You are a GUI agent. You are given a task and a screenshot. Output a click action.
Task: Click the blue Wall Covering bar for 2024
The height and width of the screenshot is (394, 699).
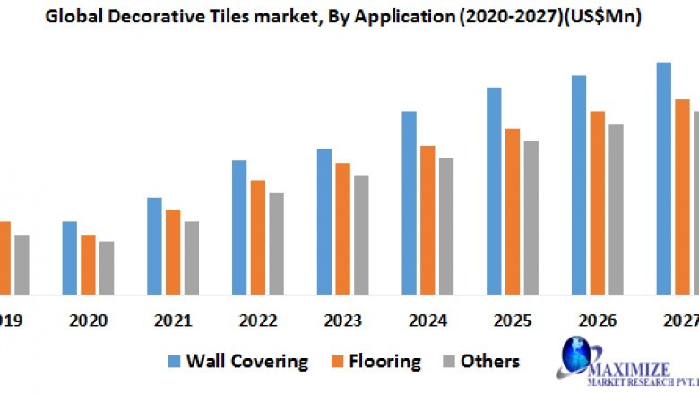tap(410, 202)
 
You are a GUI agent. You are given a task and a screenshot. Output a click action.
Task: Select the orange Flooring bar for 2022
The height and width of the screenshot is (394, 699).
tap(258, 236)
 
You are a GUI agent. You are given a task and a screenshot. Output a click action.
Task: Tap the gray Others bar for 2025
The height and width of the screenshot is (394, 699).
tap(531, 217)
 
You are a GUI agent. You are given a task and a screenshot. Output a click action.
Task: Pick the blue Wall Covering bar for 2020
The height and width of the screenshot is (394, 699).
tap(70, 257)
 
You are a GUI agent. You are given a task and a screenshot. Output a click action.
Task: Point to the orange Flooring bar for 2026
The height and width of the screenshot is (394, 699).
tap(597, 202)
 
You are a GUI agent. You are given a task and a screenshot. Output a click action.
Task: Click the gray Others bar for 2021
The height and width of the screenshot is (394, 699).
tap(192, 257)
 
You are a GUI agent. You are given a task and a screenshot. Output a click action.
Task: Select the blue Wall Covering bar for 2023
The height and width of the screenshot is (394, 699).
tap(324, 221)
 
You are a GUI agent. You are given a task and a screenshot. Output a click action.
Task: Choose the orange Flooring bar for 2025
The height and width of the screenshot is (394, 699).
tap(513, 211)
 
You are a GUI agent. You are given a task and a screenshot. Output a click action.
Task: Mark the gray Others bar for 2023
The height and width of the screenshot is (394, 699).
tap(361, 234)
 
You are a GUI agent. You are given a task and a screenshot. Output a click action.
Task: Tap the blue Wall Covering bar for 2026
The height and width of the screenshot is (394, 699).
tap(579, 184)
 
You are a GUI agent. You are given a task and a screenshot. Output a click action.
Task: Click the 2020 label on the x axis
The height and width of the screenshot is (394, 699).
tap(88, 321)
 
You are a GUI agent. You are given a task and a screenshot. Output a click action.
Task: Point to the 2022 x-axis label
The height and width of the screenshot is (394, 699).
tap(258, 321)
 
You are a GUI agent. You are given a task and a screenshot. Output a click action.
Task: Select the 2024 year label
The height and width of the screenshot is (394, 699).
tap(427, 321)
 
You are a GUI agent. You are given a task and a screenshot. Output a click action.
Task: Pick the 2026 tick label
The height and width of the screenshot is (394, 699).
tap(597, 321)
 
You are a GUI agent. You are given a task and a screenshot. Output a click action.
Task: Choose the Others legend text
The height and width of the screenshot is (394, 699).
tap(489, 361)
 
